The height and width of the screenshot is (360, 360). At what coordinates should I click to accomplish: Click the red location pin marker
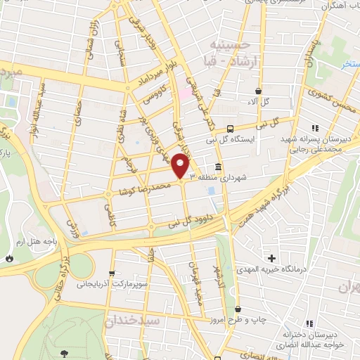[181, 165]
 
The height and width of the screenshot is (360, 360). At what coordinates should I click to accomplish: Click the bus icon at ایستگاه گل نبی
[230, 128]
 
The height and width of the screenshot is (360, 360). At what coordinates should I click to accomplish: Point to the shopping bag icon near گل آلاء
[259, 91]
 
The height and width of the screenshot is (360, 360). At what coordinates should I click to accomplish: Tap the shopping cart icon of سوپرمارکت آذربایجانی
[110, 274]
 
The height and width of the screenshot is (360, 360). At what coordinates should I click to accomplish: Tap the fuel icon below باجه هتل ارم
[9, 258]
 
